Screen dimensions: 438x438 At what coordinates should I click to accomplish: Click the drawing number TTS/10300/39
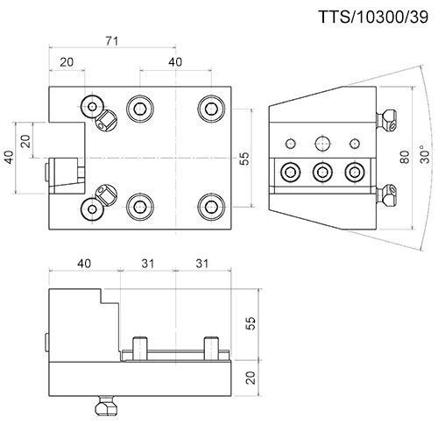coord(373,17)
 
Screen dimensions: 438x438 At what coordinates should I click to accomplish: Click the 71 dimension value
coord(112,41)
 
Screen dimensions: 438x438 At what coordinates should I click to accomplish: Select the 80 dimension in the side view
coord(405,157)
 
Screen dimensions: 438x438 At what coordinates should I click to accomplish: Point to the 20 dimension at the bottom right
coord(251,378)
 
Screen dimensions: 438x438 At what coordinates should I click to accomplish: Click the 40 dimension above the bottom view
coord(84,264)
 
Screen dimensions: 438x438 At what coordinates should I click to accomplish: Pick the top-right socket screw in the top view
coord(211,109)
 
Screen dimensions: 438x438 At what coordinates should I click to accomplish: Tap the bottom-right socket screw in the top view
coord(211,207)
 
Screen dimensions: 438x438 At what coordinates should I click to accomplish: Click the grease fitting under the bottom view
coord(107,406)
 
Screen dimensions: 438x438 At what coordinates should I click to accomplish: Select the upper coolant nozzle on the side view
coord(386,120)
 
